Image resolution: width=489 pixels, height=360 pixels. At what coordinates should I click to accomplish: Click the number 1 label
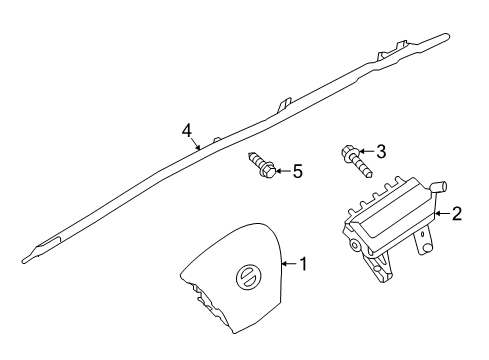pyautogui.click(x=304, y=265)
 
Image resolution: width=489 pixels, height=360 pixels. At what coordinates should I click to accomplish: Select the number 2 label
pyautogui.click(x=456, y=212)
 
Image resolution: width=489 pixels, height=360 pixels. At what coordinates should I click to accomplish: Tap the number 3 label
pyautogui.click(x=381, y=150)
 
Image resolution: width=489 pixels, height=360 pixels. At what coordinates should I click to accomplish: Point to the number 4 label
pyautogui.click(x=186, y=130)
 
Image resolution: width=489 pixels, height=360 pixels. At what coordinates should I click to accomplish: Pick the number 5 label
pyautogui.click(x=297, y=171)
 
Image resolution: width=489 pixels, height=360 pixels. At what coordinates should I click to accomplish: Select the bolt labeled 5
pyautogui.click(x=262, y=164)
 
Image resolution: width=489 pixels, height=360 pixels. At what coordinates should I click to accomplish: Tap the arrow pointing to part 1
pyautogui.click(x=290, y=265)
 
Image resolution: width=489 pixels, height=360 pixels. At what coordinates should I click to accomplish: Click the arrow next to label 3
pyautogui.click(x=366, y=151)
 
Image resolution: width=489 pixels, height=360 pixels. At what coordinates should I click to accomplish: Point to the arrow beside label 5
pyautogui.click(x=282, y=171)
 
